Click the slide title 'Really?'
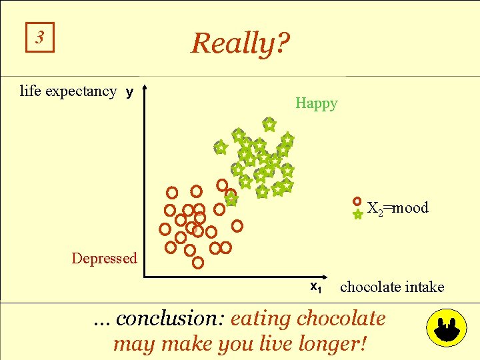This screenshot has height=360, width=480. coord(240,44)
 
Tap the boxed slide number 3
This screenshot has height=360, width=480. coord(40,38)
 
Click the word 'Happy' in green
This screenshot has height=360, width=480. coord(316,103)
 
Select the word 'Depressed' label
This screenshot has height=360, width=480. coord(104,258)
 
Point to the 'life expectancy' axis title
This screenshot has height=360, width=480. coord(68,91)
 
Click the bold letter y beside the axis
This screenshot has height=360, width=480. coord(129,92)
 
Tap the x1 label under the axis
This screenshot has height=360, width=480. coord(316,287)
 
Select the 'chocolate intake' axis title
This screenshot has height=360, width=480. coord(391,287)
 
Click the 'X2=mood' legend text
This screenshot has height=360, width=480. coord(398,208)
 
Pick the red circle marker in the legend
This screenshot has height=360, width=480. coord(357,201)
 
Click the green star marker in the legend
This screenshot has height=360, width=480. coord(357,215)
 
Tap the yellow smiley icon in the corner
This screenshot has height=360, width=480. coord(445,328)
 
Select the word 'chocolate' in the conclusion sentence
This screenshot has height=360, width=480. coord(341,319)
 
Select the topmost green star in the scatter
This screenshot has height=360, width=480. coord(269,124)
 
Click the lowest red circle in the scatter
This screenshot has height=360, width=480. coord(198,263)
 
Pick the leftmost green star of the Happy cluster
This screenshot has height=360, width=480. coord(220,147)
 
